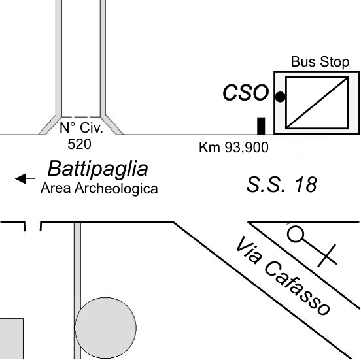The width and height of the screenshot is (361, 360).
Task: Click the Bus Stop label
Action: pyautogui.click(x=320, y=62)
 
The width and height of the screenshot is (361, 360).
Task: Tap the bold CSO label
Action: pyautogui.click(x=246, y=93)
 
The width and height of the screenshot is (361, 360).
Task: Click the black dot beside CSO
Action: pyautogui.click(x=280, y=97)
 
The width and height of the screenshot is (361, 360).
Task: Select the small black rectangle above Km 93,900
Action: pyautogui.click(x=261, y=126)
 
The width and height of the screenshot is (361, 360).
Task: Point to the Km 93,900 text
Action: pyautogui.click(x=233, y=148)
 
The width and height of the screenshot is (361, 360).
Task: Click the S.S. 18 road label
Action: pyautogui.click(x=282, y=185)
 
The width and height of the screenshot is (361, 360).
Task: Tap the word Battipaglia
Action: pyautogui.click(x=97, y=169)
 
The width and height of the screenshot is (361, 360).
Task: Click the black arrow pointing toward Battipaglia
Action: pyautogui.click(x=25, y=179)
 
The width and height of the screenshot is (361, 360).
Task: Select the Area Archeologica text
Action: pyautogui.click(x=99, y=188)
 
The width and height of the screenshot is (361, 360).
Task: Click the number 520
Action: pyautogui.click(x=79, y=144)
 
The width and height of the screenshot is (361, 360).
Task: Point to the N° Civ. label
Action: pyautogui.click(x=81, y=128)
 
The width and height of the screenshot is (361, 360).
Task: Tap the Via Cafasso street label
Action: pyautogui.click(x=283, y=276)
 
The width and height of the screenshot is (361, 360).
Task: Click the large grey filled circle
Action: pyautogui.click(x=106, y=327)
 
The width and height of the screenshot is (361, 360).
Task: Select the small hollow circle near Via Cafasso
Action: pyautogui.click(x=296, y=234)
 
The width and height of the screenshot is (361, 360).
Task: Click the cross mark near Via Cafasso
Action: pyautogui.click(x=327, y=256)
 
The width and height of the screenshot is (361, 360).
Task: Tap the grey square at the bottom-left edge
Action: pyautogui.click(x=12, y=339)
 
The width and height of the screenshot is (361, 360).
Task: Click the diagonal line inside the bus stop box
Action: pyautogui.click(x=317, y=103)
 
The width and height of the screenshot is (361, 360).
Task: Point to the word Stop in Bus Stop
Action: pyautogui.click(x=335, y=62)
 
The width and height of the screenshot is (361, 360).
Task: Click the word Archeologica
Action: pyautogui.click(x=116, y=189)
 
